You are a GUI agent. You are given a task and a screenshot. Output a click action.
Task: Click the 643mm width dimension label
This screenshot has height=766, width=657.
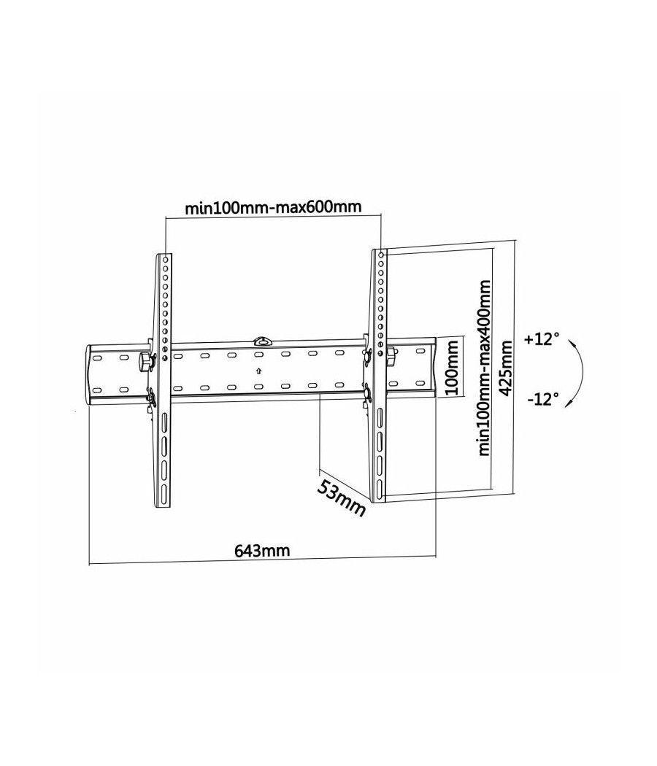(x=261, y=551)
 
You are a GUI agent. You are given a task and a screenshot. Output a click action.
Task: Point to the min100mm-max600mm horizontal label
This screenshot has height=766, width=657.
(x=273, y=207)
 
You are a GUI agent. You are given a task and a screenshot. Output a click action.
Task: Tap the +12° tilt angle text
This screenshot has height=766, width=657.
(x=542, y=339)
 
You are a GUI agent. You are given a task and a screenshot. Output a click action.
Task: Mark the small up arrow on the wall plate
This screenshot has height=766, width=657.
(x=258, y=371)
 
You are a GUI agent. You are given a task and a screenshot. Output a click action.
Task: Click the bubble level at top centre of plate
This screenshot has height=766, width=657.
(x=261, y=340)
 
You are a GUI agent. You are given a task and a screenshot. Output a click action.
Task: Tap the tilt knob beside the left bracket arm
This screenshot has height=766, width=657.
(x=145, y=360)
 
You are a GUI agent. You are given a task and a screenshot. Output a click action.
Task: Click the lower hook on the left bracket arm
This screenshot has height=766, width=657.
(x=151, y=398)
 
